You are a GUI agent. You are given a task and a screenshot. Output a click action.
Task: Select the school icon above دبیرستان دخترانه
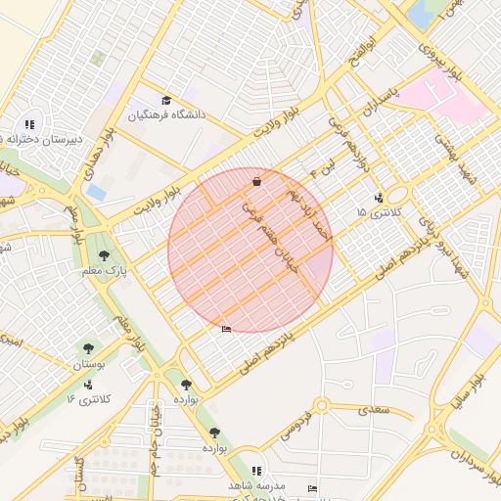(x=30, y=124)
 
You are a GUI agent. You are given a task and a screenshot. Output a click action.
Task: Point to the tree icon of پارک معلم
(x=104, y=255)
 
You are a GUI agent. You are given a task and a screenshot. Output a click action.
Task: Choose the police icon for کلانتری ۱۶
(x=90, y=385)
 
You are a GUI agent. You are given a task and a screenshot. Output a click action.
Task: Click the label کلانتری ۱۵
(x=376, y=212)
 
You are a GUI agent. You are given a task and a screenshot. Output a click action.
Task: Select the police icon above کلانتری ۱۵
(x=379, y=199)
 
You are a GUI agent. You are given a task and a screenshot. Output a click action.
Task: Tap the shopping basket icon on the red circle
(x=256, y=181)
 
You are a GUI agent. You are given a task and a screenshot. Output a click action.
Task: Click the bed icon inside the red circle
(x=227, y=329)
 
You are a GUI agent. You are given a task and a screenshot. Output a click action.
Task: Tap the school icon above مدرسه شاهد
(x=256, y=471)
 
